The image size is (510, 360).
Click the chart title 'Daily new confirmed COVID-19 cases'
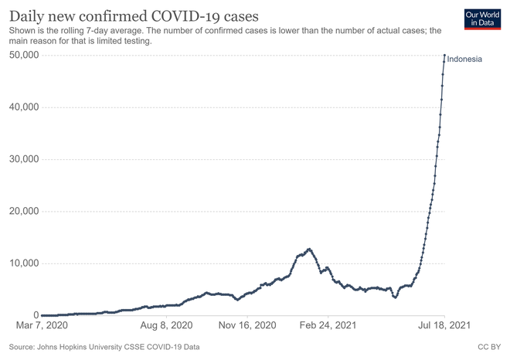(134, 16)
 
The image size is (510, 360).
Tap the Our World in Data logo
(482, 19)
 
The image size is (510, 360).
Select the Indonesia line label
(464, 59)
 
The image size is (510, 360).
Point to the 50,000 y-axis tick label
(24, 55)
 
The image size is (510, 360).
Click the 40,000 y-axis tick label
(24, 107)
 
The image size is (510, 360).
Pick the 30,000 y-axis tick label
(24, 159)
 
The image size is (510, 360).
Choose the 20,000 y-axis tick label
(24, 211)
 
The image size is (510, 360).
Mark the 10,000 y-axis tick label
(24, 263)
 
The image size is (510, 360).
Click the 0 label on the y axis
(36, 315)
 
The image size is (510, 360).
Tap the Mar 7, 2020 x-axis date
(42, 325)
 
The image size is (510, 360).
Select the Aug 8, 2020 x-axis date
(166, 325)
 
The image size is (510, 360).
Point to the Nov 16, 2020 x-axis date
(247, 325)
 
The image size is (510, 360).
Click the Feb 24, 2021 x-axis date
(328, 325)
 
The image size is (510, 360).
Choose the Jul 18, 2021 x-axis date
(444, 325)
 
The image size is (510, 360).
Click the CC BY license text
(489, 347)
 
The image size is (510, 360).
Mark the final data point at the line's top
(444, 55)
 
